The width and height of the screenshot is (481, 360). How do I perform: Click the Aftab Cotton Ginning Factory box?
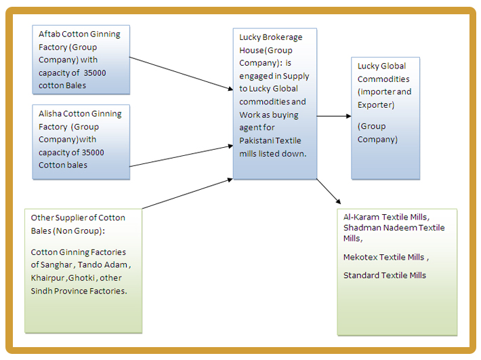coord(81,60)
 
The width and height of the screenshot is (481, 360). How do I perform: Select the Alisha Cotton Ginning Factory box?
coord(81,141)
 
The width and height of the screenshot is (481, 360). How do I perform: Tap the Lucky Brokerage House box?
coord(274,103)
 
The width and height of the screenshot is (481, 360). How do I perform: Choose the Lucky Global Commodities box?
coord(385,117)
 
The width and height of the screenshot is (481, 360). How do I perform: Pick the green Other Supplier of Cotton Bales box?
coord(83,271)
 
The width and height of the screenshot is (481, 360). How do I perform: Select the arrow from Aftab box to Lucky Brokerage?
coord(180,73)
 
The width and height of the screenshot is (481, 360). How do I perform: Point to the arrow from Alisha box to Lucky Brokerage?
coord(180,155)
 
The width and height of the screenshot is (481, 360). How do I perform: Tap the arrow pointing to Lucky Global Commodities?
coord(333,116)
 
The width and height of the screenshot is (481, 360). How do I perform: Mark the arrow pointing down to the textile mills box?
coord(328,191)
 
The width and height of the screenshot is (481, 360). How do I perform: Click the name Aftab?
coord(50,34)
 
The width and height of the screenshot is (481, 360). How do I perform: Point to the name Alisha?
coord(51,114)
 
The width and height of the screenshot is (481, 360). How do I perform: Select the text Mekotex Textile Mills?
coord(385,258)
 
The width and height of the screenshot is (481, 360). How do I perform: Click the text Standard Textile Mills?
coord(385,275)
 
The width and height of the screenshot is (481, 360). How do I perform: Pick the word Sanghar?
coord(89,265)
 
